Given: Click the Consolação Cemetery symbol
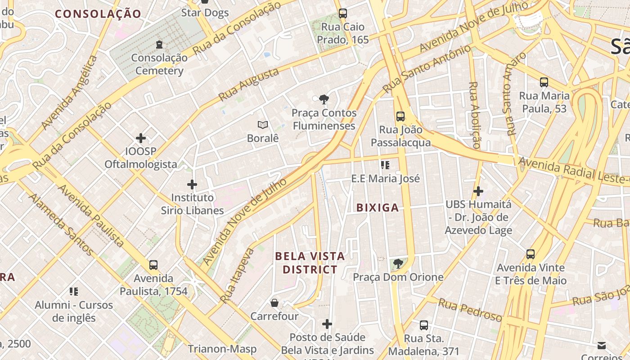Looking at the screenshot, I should coord(159,45).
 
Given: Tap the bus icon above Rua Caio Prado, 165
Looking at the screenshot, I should coord(343,13).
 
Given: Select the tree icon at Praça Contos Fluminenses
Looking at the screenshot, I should coord(323,99).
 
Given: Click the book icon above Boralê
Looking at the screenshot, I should coord(263,125).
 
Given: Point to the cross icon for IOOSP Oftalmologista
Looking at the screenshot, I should coord(141,138).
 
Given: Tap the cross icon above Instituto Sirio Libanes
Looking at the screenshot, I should coord(192,184).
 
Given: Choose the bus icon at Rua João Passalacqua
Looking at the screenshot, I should coord(400,117).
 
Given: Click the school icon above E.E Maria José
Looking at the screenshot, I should coord(385,165).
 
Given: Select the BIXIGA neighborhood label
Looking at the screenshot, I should coord(378,207).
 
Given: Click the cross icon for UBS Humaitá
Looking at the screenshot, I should coord(478,191).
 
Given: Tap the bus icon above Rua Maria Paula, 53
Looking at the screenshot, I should coord(544,82).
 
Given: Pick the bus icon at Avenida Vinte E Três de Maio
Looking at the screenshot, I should coord(531,254).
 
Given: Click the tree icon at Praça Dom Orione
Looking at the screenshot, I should coord(398,264).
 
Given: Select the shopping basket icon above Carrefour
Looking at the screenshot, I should coord(274,303).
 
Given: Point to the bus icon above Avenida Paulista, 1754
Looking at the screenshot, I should coord(153,265).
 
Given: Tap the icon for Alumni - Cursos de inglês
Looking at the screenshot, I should coord(74,292).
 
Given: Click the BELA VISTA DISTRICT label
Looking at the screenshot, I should coord(310,263).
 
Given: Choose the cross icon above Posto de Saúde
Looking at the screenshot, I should coord(327,324).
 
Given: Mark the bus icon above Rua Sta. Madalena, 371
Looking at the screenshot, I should coord(424,325).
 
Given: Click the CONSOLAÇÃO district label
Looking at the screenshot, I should coord(98,14).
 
